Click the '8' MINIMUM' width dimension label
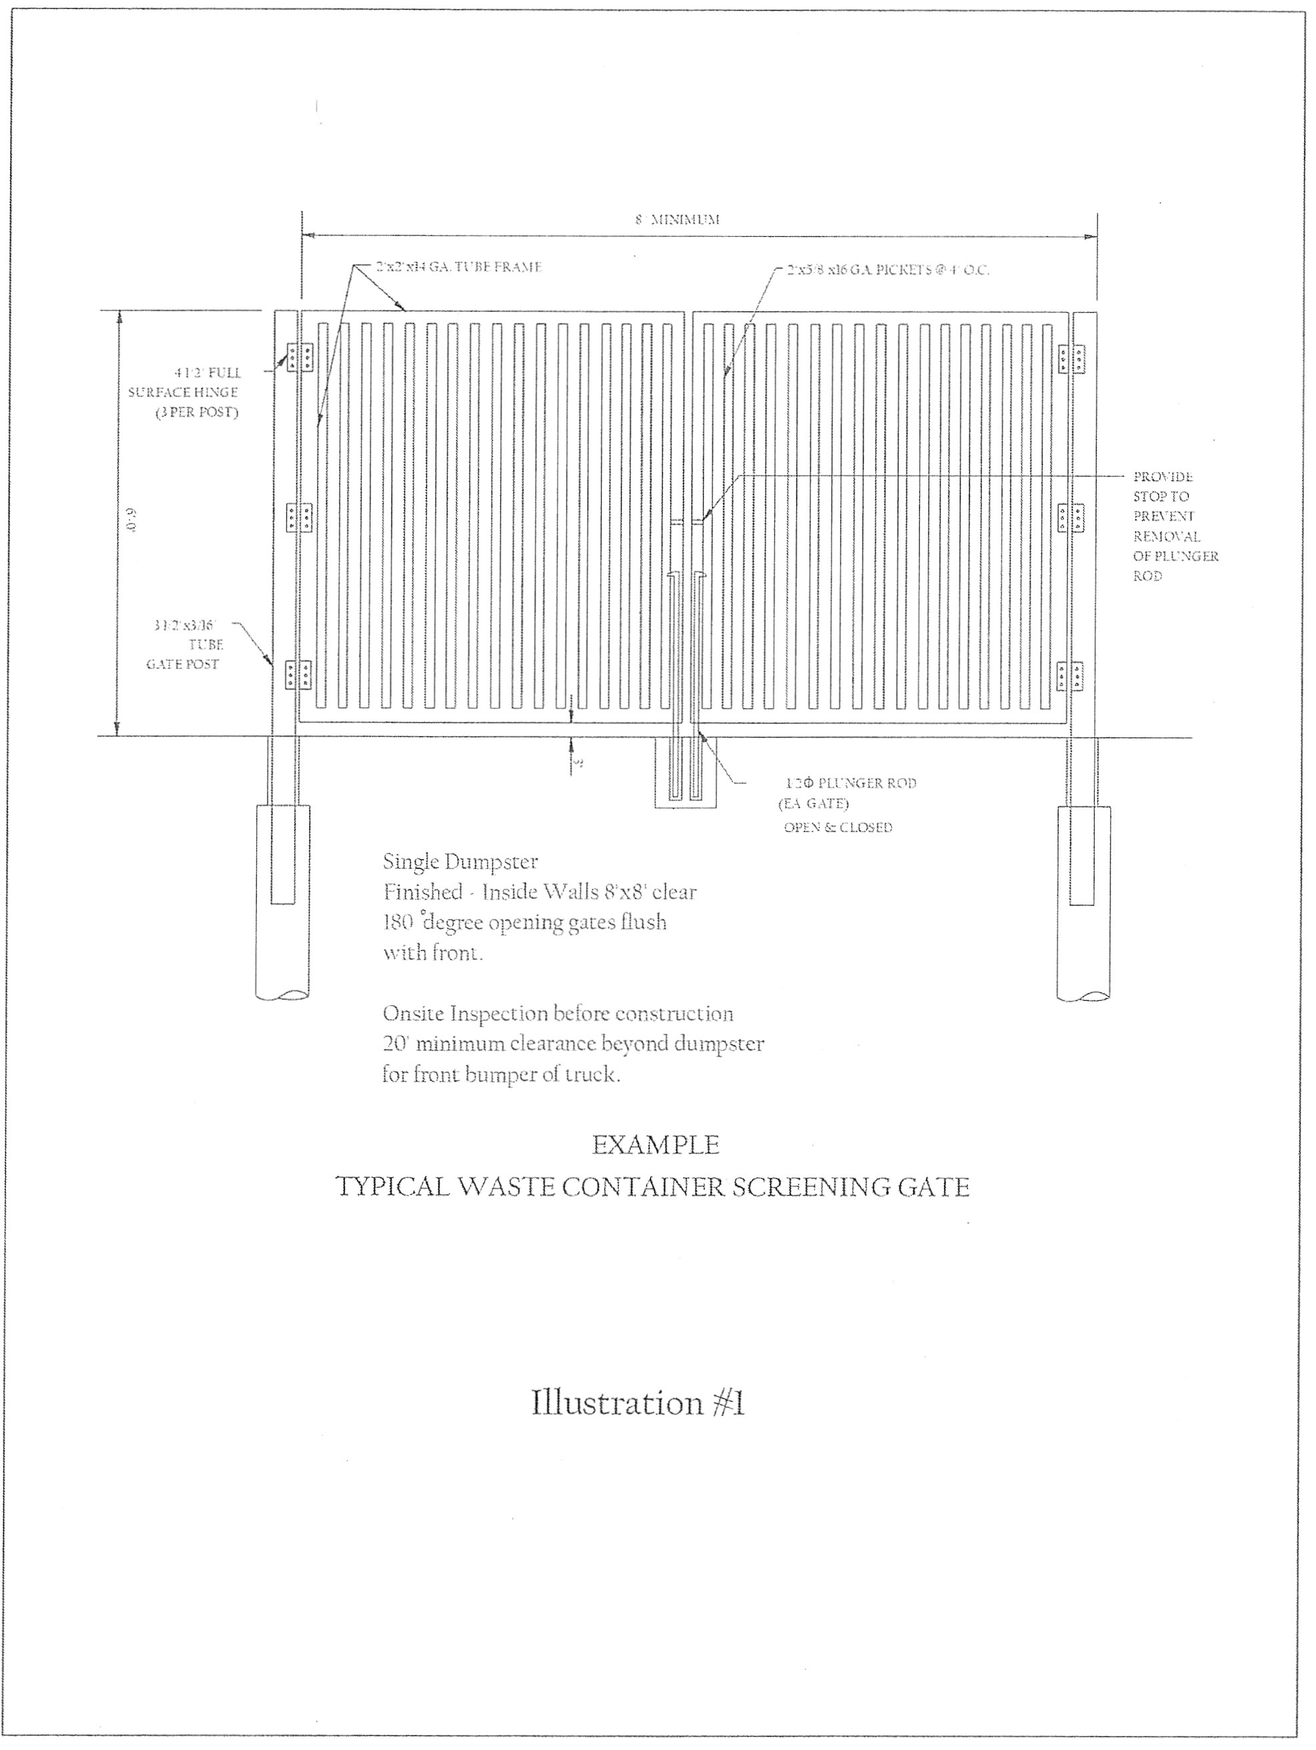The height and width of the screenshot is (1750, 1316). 677,219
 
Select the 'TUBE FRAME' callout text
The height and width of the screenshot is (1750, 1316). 459,267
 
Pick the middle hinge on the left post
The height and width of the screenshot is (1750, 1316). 299,518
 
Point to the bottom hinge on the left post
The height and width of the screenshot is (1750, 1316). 298,675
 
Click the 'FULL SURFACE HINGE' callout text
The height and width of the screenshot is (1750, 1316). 187,392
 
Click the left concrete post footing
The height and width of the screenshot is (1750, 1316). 282,902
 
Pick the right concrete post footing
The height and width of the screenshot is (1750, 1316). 1083,902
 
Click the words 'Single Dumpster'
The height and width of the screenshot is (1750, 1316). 460,861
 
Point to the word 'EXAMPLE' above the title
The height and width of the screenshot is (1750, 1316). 656,1145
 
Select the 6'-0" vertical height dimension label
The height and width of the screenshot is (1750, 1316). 132,523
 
